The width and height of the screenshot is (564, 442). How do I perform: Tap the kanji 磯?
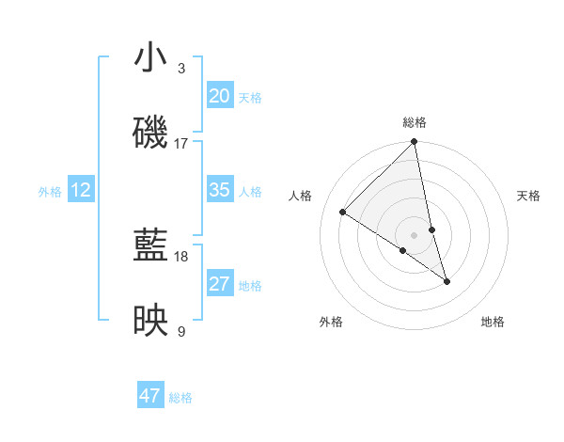click(151, 133)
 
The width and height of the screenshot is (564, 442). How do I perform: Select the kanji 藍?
click(151, 246)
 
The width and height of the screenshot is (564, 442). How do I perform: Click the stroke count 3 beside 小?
click(180, 69)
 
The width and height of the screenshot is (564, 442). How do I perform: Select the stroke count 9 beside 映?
click(180, 331)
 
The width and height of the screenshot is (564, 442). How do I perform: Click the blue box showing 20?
click(219, 96)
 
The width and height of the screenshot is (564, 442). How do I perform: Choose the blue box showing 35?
click(219, 190)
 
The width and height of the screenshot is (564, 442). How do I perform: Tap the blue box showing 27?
click(219, 284)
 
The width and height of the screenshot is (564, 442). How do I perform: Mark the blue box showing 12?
click(81, 190)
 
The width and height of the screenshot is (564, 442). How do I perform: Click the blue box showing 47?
click(150, 396)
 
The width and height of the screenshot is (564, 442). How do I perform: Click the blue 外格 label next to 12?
click(50, 192)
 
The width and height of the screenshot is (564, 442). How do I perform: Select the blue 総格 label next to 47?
click(180, 398)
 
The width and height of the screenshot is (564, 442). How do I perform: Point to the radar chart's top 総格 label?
click(415, 122)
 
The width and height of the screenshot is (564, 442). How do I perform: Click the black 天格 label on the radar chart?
click(528, 196)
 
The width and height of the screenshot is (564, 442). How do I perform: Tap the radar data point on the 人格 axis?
click(343, 212)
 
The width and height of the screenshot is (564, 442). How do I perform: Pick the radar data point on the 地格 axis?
click(446, 281)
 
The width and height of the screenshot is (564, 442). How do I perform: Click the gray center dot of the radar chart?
click(415, 234)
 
